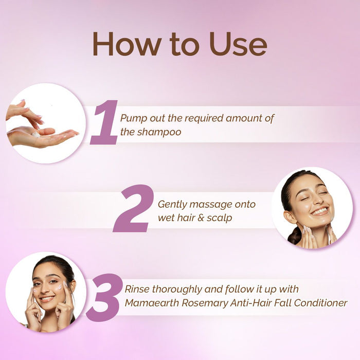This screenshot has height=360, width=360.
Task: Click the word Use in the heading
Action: click(x=238, y=44)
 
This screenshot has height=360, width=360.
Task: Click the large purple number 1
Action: click(x=104, y=122)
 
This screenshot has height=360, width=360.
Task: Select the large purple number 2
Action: click(x=133, y=208)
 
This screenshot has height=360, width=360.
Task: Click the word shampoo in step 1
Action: click(x=159, y=133)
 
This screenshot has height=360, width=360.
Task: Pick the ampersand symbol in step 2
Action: click(x=201, y=218)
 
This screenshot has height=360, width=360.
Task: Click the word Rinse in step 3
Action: click(x=137, y=289)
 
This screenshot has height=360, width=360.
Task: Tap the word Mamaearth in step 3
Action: click(x=152, y=303)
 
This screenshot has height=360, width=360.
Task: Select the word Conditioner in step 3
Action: click(x=321, y=303)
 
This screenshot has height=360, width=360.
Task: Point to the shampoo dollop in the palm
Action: click(x=35, y=135)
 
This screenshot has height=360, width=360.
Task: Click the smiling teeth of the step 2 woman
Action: click(x=319, y=211)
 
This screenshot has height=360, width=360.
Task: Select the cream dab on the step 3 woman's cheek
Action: click(x=60, y=286)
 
